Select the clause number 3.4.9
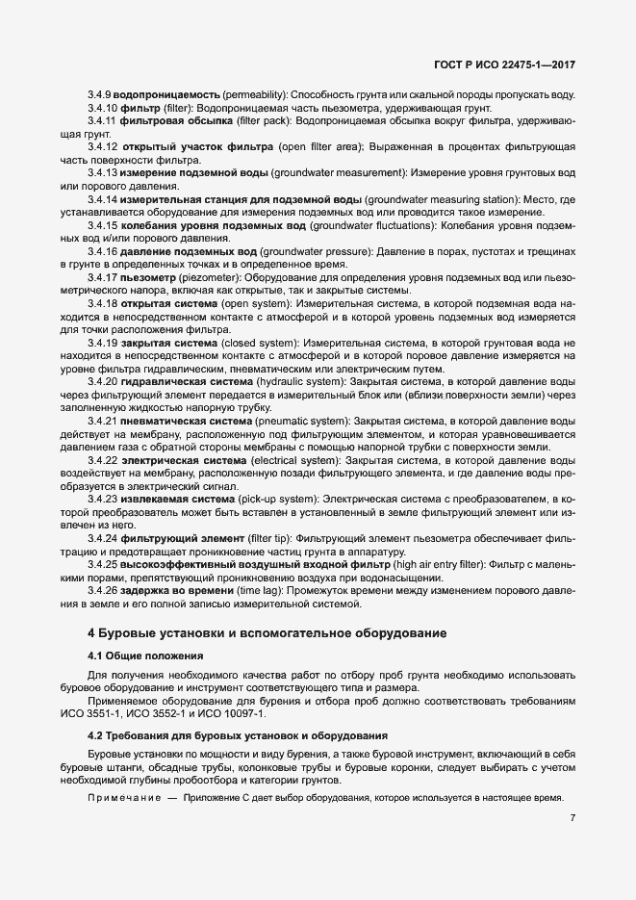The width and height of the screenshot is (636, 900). pyautogui.click(x=99, y=96)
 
